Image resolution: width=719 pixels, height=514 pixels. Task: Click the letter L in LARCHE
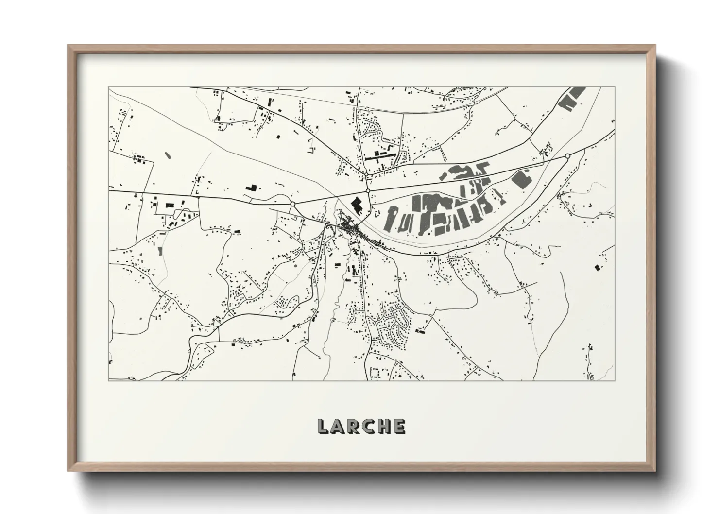click(324, 426)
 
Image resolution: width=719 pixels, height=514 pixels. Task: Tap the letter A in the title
click(338, 426)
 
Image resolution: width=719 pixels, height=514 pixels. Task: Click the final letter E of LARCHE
click(399, 426)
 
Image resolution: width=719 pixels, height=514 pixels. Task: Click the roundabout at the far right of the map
click(567, 156)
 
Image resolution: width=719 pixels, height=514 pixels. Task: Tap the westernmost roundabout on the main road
click(292, 204)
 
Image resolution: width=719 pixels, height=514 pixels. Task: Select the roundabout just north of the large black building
click(368, 191)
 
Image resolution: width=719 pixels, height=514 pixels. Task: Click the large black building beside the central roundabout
click(358, 206)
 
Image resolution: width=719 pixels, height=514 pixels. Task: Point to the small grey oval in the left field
click(168, 155)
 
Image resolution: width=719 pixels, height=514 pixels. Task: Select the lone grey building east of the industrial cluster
click(522, 178)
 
